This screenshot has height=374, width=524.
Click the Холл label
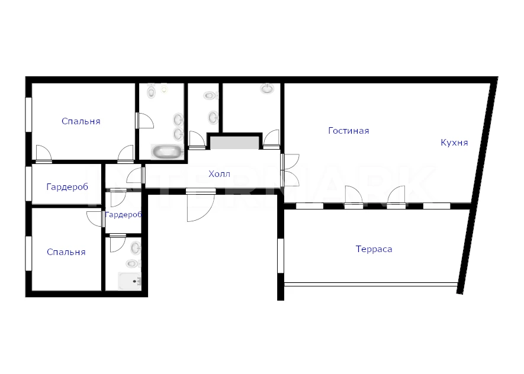click(219, 174)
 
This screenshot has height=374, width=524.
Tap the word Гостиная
click(349, 131)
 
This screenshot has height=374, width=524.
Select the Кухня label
click(454, 143)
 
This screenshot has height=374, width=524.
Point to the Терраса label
click(374, 249)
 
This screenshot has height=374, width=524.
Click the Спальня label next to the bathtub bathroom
click(81, 121)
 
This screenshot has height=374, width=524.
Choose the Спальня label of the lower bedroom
click(66, 252)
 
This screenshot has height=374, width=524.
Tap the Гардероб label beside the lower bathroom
click(123, 215)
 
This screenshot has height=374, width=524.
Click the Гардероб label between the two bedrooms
click(67, 186)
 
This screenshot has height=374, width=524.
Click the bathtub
click(167, 151)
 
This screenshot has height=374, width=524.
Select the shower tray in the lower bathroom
click(130, 281)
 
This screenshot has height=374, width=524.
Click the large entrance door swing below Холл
click(201, 207)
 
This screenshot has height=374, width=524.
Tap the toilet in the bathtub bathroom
click(152, 91)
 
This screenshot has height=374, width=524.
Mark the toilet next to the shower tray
click(133, 263)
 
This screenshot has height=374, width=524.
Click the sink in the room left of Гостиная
click(268, 89)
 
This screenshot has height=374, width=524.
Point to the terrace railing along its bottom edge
click(371, 285)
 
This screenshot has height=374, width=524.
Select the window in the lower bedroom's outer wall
click(29, 253)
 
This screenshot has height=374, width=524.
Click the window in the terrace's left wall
click(281, 256)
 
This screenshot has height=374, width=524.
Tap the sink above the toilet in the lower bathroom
click(136, 248)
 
